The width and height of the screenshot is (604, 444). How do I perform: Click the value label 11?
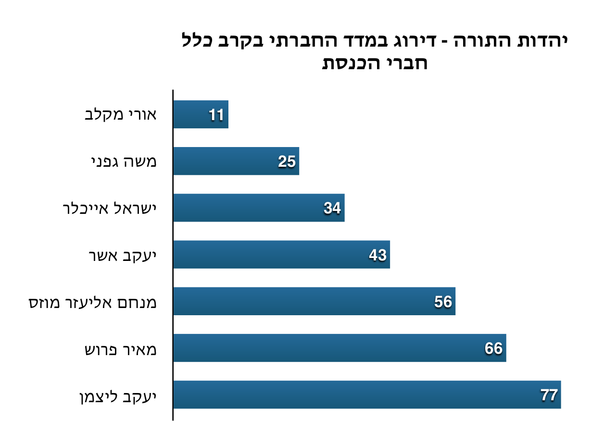(216, 115)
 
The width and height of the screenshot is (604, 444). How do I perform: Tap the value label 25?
(287, 161)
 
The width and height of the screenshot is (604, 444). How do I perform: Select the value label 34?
(332, 208)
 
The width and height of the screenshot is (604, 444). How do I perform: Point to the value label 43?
(377, 255)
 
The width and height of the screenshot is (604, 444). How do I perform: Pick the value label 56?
(443, 301)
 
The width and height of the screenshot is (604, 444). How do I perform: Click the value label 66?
(494, 348)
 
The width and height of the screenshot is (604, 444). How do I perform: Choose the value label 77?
(549, 395)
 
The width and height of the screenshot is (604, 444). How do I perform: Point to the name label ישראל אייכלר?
(110, 209)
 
